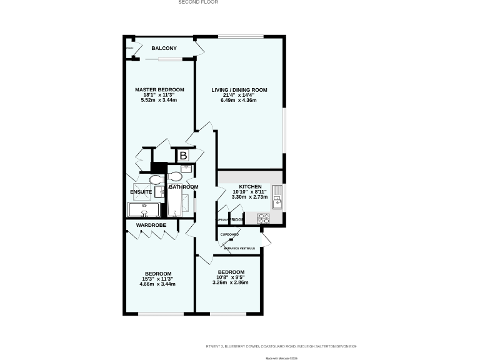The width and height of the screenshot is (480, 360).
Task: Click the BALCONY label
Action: (164, 49)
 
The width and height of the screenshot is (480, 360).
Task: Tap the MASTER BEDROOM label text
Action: (159, 90)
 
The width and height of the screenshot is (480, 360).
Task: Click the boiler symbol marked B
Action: (183, 155)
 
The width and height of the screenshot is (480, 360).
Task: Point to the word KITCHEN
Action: (249, 186)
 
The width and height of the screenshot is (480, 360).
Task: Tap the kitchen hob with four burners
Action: (262, 218)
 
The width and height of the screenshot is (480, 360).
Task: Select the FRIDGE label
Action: (236, 220)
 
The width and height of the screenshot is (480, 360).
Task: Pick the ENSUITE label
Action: (141, 192)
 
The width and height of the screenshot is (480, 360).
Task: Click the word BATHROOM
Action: (183, 187)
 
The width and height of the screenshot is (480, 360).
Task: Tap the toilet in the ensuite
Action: (155, 179)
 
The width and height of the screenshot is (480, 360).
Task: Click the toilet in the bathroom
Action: (186, 176)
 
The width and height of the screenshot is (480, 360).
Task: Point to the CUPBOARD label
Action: (229, 234)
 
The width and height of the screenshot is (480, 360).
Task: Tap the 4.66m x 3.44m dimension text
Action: (157, 284)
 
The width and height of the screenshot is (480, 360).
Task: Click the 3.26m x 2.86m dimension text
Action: (230, 282)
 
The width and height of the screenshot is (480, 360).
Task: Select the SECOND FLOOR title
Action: (198, 2)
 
